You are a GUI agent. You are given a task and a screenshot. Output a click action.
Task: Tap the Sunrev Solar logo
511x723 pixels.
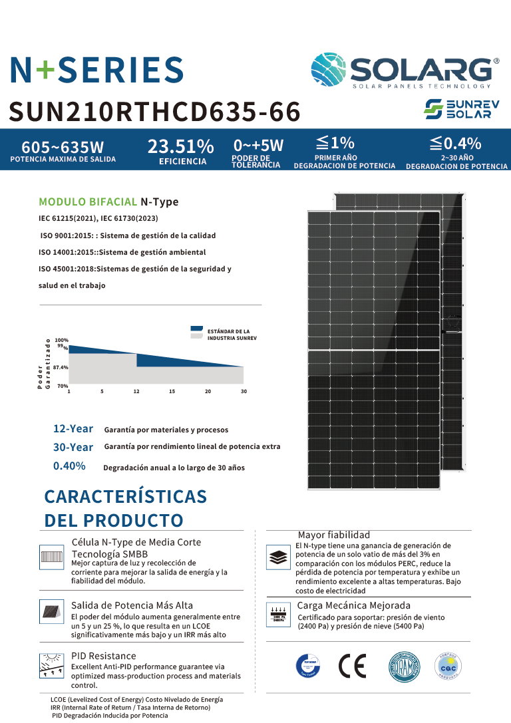(x=458, y=109)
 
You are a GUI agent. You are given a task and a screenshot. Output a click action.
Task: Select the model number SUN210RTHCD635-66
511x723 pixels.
(x=154, y=112)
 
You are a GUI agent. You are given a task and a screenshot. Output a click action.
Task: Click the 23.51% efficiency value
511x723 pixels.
(x=181, y=146)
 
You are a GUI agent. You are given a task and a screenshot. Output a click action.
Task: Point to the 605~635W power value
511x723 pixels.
(x=63, y=146)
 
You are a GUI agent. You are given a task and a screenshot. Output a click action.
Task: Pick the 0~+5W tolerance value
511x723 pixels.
(x=258, y=145)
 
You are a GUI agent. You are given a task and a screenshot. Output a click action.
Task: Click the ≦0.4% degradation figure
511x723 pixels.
(x=455, y=143)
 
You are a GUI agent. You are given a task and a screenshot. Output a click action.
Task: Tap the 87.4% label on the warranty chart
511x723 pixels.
(x=61, y=367)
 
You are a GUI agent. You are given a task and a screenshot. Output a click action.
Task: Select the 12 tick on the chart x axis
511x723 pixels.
(x=136, y=391)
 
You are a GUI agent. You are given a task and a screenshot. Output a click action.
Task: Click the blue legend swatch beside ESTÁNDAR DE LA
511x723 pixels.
(x=196, y=329)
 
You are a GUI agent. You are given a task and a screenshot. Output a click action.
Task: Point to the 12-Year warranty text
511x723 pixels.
(x=73, y=429)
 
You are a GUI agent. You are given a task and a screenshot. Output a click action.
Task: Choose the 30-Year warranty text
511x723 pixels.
(x=73, y=447)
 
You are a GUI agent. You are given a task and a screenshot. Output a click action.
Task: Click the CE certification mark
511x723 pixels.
(x=352, y=665)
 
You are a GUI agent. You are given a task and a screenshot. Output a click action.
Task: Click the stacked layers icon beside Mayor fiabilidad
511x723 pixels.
(x=277, y=556)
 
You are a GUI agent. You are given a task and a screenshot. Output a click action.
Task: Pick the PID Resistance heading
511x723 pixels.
(x=103, y=656)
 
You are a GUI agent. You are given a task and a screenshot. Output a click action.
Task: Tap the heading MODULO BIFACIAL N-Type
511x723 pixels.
(x=108, y=202)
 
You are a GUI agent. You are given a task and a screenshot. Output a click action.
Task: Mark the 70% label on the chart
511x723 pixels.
(x=62, y=386)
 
